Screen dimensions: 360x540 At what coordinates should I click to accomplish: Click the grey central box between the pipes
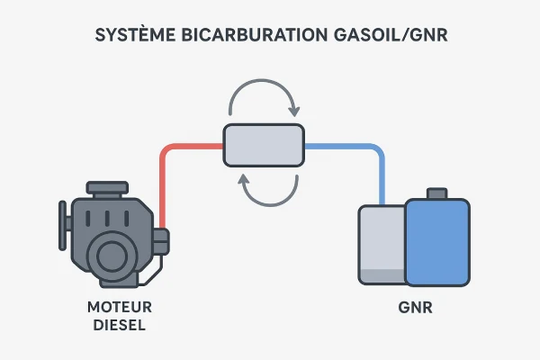(x=263, y=146)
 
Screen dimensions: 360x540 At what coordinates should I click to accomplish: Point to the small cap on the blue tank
(x=437, y=193)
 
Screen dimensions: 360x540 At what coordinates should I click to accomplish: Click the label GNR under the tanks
(x=415, y=307)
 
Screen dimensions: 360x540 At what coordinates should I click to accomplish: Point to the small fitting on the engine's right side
(x=160, y=240)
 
